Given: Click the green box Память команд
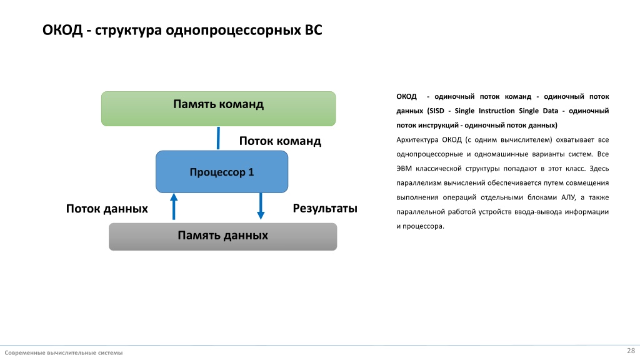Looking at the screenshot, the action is (x=218, y=109).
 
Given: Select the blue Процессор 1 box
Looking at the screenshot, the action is (x=222, y=172).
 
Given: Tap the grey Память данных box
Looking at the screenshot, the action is (x=223, y=237).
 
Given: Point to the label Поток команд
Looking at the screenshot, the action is (x=280, y=141).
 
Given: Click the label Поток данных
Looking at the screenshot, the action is (x=107, y=209).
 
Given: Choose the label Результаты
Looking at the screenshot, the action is (x=325, y=209).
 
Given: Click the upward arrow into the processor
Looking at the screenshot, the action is (x=174, y=206).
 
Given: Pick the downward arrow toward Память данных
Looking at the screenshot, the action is (x=261, y=206).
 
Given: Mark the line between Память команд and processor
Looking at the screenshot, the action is (x=218, y=138).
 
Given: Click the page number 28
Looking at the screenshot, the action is (x=631, y=351).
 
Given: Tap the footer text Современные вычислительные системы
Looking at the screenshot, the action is (x=64, y=352).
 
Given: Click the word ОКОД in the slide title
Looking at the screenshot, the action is (x=62, y=30).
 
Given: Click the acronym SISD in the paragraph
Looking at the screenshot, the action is (x=436, y=111).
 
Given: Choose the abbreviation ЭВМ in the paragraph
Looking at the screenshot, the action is (x=404, y=169).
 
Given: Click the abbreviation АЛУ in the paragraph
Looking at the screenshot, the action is (x=568, y=197).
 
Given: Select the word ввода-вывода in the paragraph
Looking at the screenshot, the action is (x=537, y=212).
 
